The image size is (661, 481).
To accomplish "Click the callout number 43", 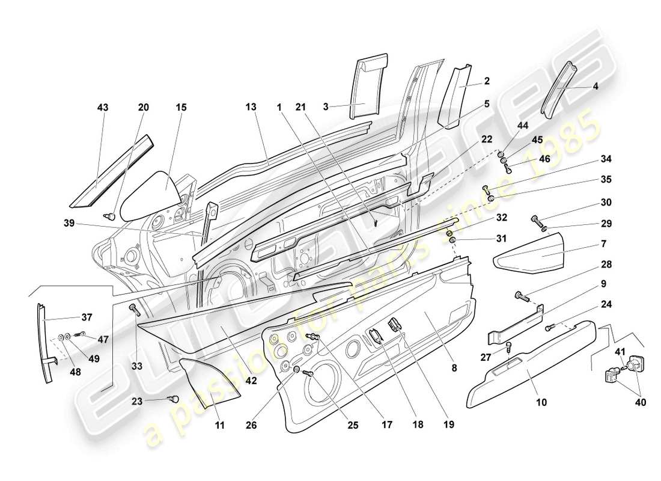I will click(103, 108).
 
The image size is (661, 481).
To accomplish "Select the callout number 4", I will click(596, 86).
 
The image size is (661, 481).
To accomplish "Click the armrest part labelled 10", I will click(529, 373).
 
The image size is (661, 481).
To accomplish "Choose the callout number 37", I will click(87, 318).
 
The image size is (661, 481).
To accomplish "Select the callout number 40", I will click(641, 403).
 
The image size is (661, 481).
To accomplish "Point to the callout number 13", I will click(251, 108).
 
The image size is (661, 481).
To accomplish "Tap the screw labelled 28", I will click(521, 296).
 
